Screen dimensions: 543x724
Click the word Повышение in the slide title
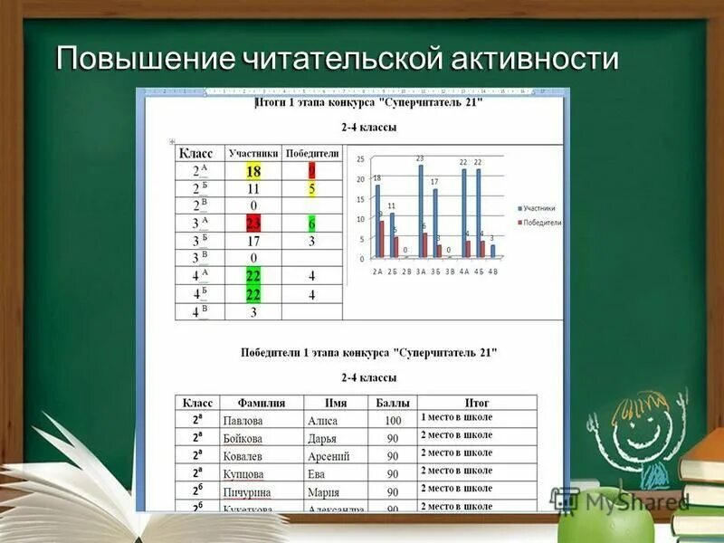(145, 60)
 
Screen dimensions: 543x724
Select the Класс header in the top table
(196, 154)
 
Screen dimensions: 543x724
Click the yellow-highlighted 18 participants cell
(253, 171)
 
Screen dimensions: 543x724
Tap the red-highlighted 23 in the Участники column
(253, 224)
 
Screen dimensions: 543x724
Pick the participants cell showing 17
(253, 242)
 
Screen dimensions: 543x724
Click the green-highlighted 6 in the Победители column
(311, 224)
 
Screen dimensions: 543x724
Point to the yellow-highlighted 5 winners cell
(311, 189)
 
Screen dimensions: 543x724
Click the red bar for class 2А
(382, 239)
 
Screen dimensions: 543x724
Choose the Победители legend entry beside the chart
(540, 222)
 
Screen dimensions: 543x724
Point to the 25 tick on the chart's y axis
(360, 159)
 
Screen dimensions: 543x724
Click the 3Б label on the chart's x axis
(436, 271)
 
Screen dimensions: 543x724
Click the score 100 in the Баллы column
(393, 421)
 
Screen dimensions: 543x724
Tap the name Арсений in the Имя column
(327, 456)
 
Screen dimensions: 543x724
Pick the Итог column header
(477, 403)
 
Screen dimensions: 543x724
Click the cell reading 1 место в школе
(456, 418)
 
